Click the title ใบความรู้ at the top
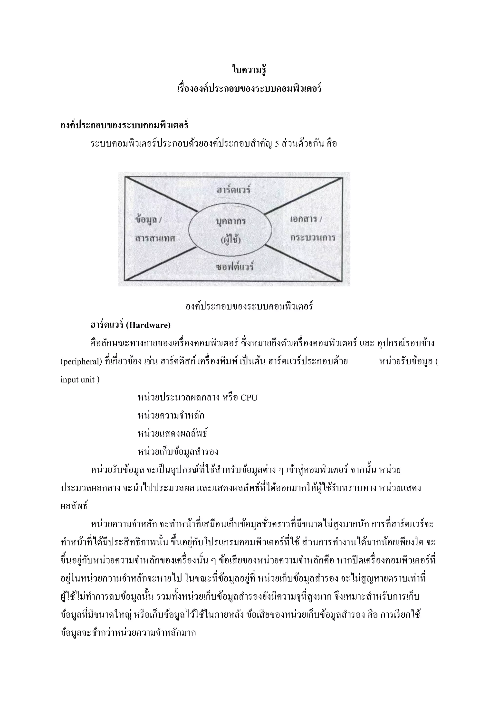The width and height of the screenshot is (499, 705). point(249,70)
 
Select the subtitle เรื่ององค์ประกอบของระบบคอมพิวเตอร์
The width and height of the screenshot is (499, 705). point(249,89)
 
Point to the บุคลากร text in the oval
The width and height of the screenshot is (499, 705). point(231,221)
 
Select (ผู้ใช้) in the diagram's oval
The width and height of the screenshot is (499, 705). point(231,239)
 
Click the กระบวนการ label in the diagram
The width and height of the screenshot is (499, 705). point(313,237)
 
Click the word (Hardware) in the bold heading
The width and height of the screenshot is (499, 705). point(148,325)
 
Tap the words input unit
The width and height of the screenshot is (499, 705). point(77,380)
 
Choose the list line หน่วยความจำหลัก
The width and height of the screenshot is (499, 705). point(171,416)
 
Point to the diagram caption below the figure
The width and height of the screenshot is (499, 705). point(249,306)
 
